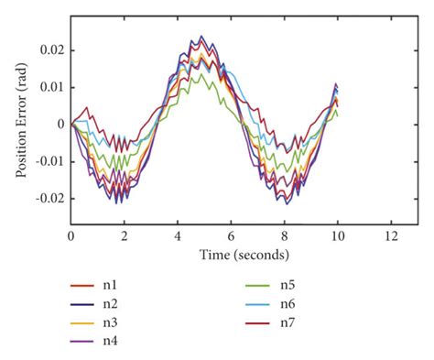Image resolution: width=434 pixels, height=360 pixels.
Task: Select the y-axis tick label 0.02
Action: click(x=50, y=49)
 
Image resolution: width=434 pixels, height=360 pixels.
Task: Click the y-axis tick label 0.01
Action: click(x=50, y=86)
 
